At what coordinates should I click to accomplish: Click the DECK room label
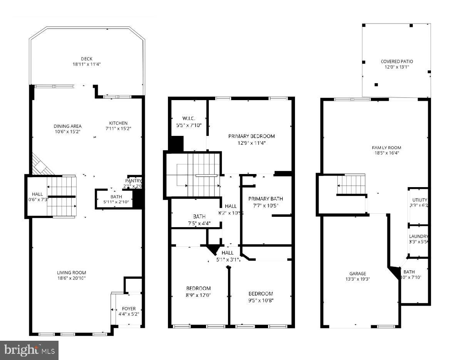86,59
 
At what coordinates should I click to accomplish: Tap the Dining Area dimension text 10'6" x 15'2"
67,132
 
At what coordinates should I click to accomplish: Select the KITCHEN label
118,123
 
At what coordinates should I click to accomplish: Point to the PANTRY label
134,181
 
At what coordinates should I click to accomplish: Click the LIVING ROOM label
71,273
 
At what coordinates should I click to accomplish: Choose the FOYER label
129,309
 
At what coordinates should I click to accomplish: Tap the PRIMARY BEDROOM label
251,136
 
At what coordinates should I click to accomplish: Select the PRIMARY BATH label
265,199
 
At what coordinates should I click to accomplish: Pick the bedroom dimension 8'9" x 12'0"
198,295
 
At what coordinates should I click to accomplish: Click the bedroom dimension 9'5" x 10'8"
261,300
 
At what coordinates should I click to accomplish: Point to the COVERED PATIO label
397,62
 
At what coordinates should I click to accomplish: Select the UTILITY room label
419,200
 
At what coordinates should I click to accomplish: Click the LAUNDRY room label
419,236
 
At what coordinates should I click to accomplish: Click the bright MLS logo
29,350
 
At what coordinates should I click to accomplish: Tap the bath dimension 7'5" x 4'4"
199,223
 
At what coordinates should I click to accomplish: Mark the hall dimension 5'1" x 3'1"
228,260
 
